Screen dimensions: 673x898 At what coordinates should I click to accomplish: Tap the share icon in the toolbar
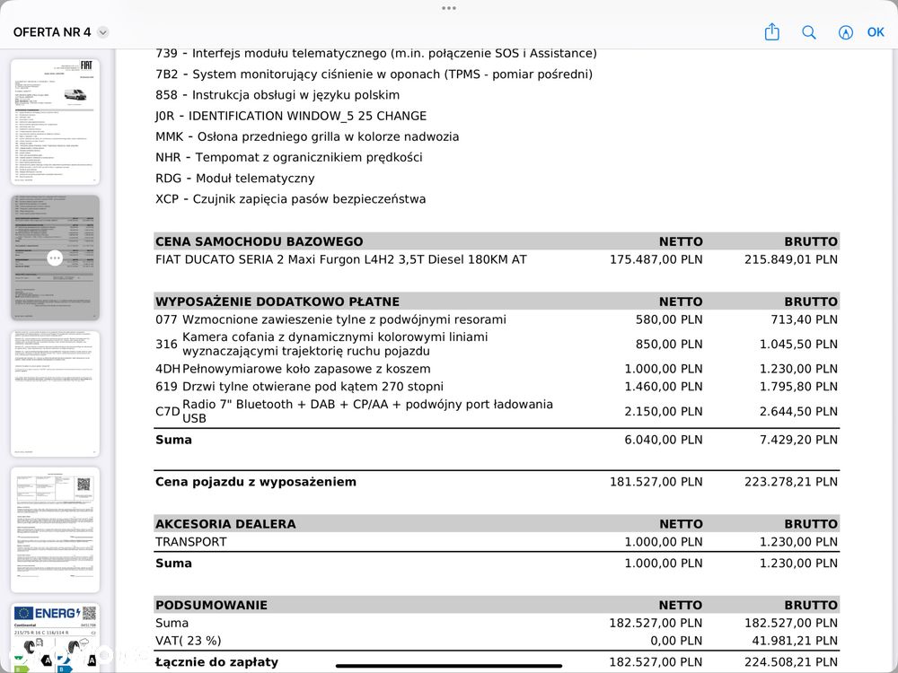[771, 32]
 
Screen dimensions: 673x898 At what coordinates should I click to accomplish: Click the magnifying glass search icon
[809, 32]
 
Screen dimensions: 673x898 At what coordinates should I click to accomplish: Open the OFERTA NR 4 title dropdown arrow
[103, 32]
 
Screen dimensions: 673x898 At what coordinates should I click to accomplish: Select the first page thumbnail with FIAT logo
[55, 122]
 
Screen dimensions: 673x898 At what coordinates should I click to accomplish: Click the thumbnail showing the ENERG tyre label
[55, 637]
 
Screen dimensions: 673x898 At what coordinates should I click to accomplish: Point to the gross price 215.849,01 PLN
[791, 259]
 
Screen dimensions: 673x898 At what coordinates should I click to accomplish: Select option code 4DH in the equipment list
[167, 369]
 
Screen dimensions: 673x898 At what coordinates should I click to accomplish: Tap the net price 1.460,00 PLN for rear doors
[664, 387]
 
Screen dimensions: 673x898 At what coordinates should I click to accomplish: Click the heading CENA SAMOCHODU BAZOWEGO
[260, 241]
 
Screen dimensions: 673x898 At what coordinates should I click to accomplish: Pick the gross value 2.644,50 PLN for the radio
[798, 412]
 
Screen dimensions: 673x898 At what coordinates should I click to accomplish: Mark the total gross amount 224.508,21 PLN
[791, 662]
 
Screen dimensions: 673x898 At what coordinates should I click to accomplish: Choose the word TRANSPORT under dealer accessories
[191, 542]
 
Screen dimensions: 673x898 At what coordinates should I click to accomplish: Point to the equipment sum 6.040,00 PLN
[664, 440]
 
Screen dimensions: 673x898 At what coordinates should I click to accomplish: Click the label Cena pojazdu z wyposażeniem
[256, 482]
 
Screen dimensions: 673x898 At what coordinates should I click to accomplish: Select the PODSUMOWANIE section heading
[211, 605]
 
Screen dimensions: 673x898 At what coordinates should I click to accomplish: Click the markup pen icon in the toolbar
[845, 32]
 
